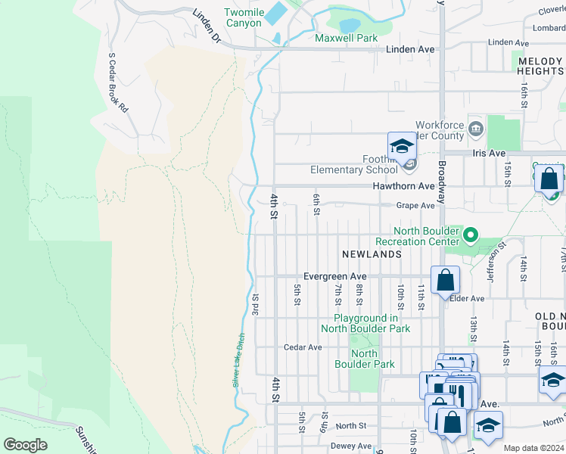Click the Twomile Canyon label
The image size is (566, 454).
243,17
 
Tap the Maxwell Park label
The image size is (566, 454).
346,37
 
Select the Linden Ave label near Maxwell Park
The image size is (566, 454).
410,49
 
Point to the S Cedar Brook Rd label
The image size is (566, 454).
118,82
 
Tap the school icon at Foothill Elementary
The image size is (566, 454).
401,147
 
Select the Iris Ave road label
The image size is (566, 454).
488,153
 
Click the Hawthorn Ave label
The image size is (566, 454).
403,185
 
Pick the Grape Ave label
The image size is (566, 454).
416,205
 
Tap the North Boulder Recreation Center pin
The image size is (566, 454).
470,235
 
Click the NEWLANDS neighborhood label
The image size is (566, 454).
371,254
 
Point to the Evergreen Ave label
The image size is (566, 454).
334,277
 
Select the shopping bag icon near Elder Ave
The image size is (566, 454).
446,280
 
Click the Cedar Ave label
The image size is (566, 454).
303,347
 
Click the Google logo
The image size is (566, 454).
25,445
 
